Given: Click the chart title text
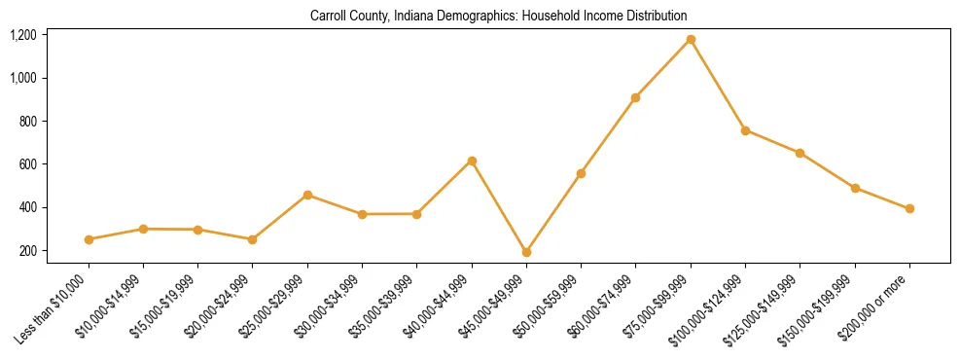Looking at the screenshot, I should point(498,16).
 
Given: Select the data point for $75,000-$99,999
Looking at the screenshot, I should point(691,39).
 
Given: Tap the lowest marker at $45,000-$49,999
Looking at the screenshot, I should point(526,252).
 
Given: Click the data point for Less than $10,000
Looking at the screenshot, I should point(89,239).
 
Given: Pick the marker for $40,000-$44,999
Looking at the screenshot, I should point(472,161).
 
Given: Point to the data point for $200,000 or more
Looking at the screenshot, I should point(909,208).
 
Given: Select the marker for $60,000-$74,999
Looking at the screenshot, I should point(635,97).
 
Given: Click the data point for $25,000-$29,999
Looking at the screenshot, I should point(307,195).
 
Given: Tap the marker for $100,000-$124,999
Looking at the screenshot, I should point(745,130).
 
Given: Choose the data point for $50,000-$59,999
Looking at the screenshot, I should point(581,173).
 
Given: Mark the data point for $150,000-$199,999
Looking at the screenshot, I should point(855,188).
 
